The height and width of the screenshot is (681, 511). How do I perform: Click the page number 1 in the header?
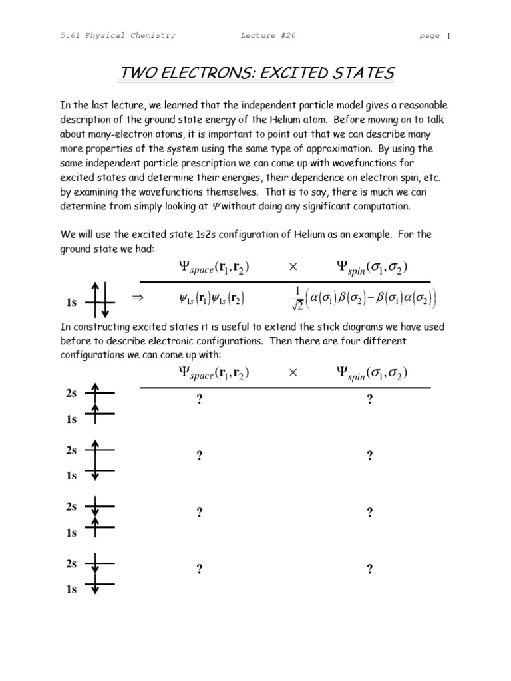[x=449, y=36]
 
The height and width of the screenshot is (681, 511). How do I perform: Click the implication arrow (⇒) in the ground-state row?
[x=138, y=299]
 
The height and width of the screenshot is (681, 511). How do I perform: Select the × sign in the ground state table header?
[x=292, y=267]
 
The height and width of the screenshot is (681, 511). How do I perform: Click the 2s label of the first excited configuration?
[x=71, y=394]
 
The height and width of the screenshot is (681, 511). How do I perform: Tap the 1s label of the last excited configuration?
[x=71, y=589]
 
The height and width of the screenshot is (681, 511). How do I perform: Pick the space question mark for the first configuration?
[x=199, y=399]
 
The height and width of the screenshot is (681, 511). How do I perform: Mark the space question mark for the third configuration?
[x=199, y=512]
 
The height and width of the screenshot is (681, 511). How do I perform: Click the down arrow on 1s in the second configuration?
[x=95, y=473]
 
